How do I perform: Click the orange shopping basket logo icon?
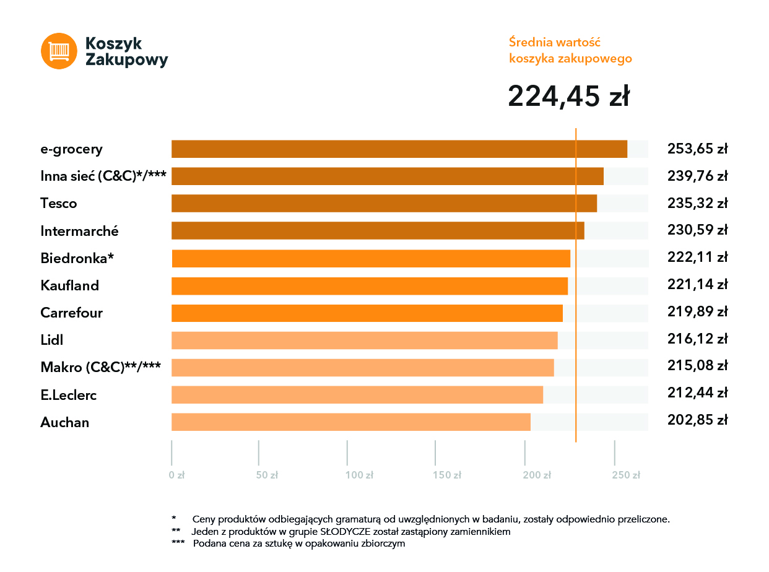(59, 51)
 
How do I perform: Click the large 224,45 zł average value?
(568, 97)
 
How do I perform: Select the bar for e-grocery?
(399, 149)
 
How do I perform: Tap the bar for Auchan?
(350, 422)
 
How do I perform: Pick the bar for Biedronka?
(370, 258)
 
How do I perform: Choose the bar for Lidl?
(364, 340)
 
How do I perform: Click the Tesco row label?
(59, 204)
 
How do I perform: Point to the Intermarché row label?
(79, 231)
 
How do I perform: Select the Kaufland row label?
(69, 285)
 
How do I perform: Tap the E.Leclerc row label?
(69, 395)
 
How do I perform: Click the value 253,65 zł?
(697, 149)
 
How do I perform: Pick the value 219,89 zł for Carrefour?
(697, 313)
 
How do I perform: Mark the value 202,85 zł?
(697, 420)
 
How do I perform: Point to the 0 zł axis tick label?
(177, 475)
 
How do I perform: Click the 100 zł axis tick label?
(360, 475)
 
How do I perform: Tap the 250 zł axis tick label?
(626, 475)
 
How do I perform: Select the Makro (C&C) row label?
(101, 367)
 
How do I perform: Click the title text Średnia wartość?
(555, 43)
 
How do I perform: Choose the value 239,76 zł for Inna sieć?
(697, 176)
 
